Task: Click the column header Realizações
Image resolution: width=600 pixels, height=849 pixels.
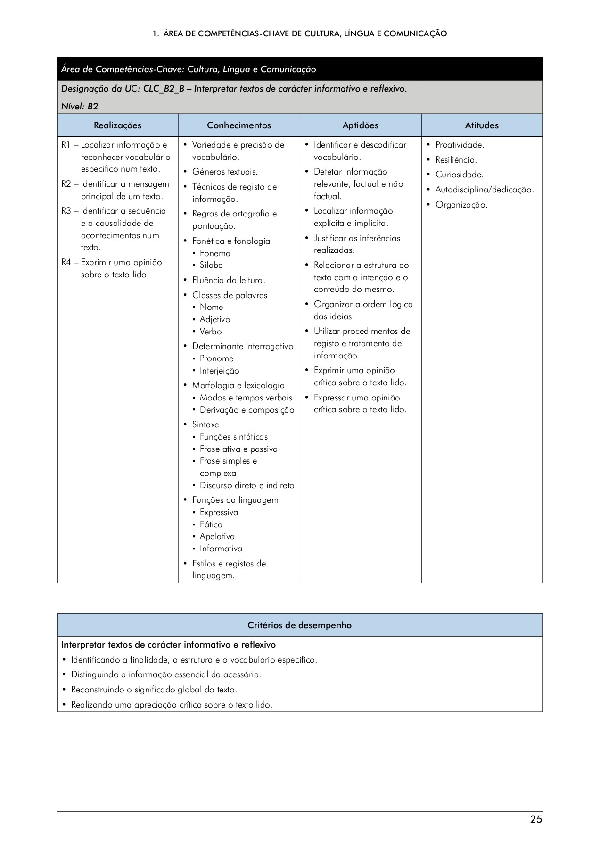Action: click(117, 125)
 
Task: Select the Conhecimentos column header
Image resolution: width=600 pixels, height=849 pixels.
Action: click(239, 125)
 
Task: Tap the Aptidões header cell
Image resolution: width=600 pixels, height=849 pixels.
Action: click(360, 125)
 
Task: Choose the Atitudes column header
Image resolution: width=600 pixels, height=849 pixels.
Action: click(482, 125)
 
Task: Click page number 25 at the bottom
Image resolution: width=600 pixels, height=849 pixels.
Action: click(536, 819)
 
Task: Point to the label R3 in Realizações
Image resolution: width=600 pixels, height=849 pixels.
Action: click(66, 211)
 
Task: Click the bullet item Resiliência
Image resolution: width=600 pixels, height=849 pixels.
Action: click(456, 160)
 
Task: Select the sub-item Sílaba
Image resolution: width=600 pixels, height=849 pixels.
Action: click(211, 265)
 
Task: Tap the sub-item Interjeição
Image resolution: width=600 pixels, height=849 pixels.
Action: click(219, 371)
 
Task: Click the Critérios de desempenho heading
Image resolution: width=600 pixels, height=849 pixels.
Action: click(299, 625)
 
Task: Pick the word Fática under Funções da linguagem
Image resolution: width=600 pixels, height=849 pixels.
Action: click(211, 524)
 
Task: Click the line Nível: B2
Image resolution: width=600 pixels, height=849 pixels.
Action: click(80, 106)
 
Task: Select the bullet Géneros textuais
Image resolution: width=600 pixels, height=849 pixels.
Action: click(225, 172)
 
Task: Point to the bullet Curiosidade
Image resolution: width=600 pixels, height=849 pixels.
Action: click(459, 175)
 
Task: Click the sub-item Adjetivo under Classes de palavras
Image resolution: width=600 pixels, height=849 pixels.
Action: click(215, 319)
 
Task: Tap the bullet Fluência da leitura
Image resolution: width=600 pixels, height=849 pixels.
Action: click(228, 280)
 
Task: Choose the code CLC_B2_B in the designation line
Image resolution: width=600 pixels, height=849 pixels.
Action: click(163, 89)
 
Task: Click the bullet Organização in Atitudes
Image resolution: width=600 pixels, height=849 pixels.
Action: click(461, 205)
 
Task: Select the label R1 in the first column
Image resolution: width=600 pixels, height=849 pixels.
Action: click(66, 145)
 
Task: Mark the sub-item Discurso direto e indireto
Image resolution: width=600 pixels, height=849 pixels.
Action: click(247, 485)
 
